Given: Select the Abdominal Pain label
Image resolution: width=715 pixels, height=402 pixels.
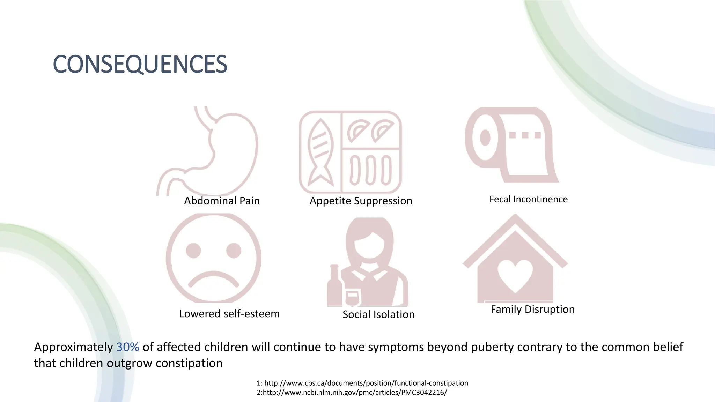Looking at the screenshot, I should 222,201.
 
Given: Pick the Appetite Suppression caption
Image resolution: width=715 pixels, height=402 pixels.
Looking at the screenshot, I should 361,201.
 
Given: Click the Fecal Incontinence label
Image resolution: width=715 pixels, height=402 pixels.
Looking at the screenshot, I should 528,199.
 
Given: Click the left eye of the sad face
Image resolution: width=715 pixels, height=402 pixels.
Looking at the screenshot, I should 193,251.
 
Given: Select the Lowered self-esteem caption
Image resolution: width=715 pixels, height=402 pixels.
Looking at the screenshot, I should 229,314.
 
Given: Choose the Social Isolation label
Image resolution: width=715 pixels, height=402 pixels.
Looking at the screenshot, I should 378,314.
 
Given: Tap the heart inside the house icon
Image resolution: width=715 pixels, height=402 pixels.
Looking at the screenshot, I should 515,275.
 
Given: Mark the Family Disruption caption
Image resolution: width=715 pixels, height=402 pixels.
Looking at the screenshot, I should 532,310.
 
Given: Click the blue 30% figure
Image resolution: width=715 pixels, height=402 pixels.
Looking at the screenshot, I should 127,347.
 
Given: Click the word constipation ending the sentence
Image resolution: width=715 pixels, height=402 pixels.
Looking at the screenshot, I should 189,363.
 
